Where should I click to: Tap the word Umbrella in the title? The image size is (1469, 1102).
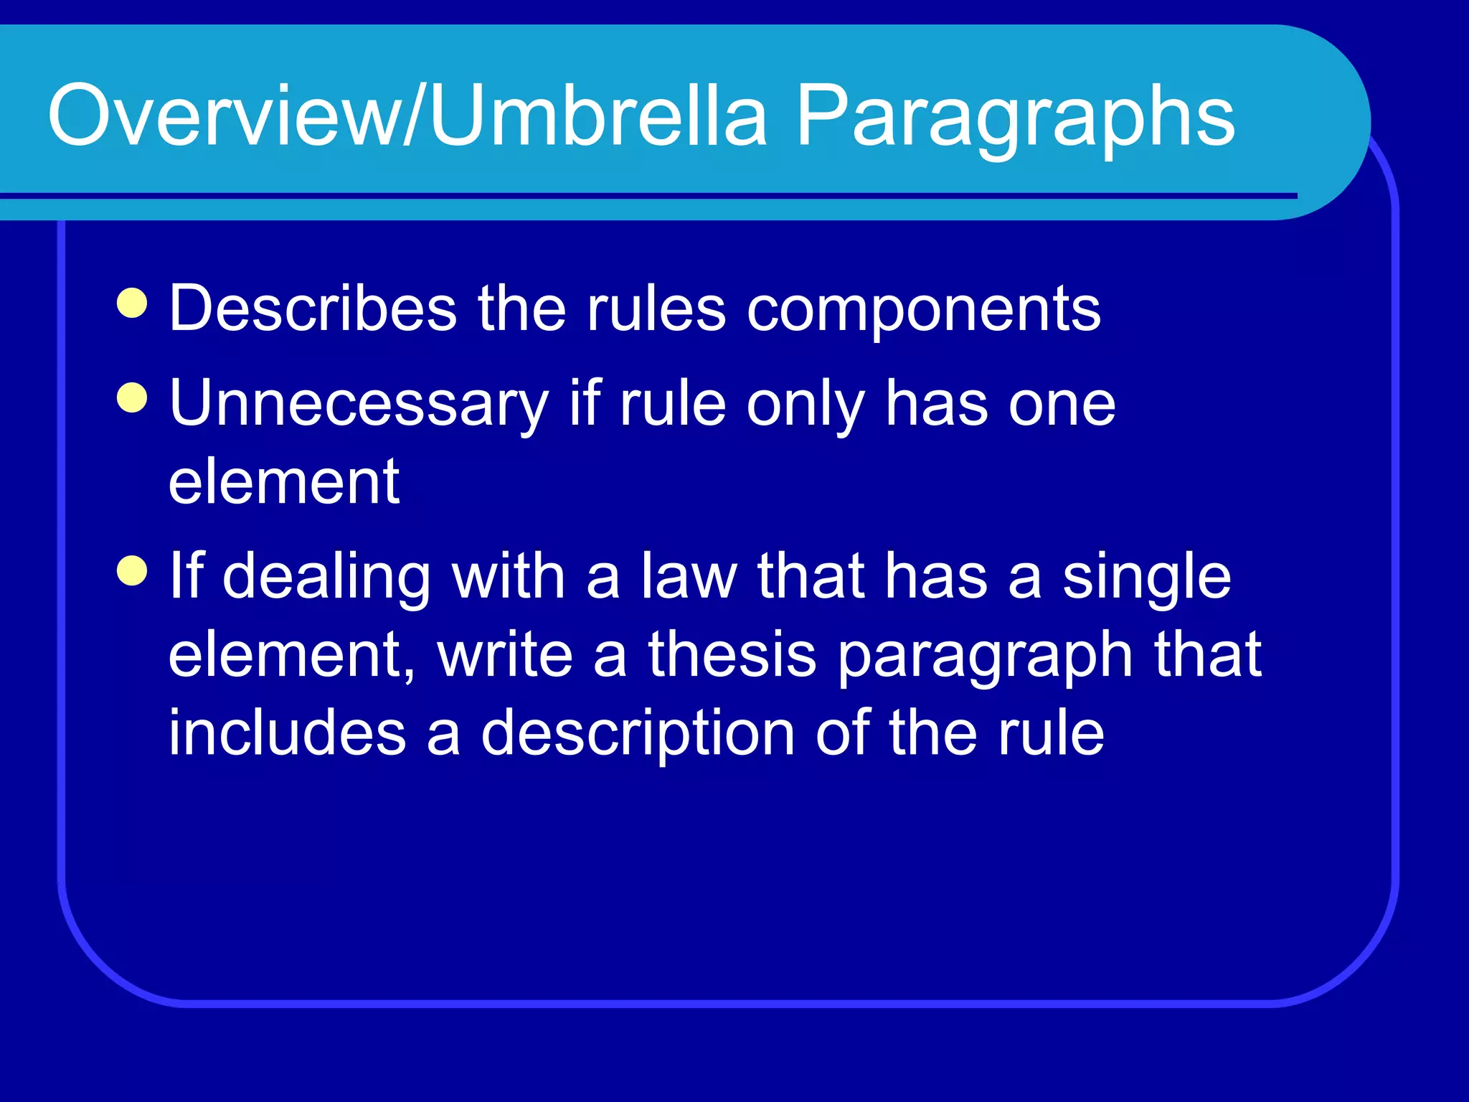click(599, 115)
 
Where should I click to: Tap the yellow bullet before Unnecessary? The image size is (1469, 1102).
click(132, 398)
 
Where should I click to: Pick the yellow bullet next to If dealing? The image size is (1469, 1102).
click(132, 571)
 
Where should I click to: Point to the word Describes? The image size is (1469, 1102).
click(313, 309)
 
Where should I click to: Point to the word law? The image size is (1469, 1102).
click(689, 576)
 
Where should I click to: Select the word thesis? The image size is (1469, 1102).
click(732, 654)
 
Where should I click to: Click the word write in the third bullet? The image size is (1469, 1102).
click(505, 654)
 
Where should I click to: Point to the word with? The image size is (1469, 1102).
click(509, 576)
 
